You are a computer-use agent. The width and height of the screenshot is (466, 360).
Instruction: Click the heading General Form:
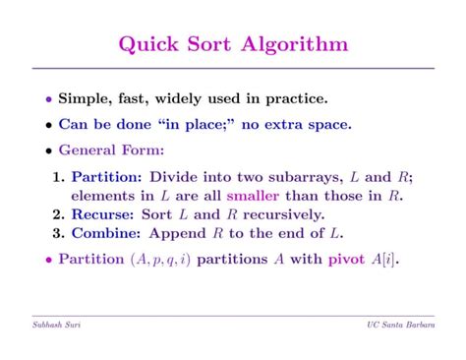[111, 150]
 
